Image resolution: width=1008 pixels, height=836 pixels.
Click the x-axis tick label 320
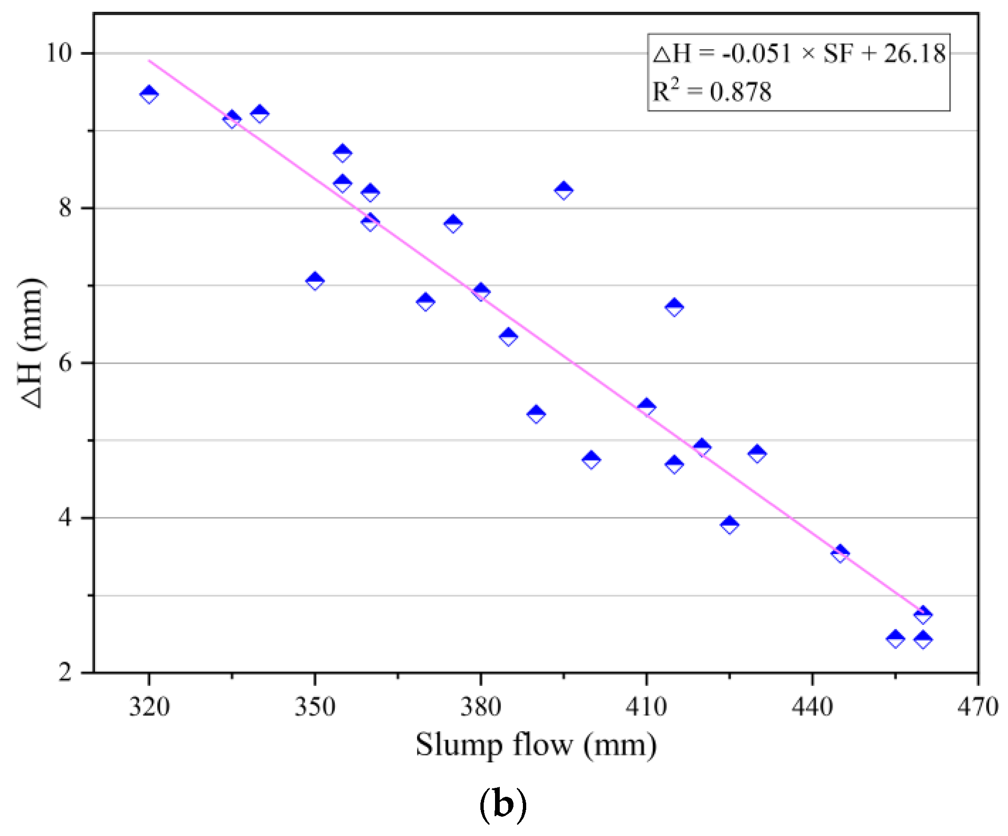pos(149,707)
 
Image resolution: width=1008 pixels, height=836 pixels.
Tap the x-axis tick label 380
pos(480,707)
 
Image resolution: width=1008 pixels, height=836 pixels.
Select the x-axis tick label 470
pos(978,707)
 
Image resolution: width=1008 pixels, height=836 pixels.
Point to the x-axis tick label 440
pos(812,707)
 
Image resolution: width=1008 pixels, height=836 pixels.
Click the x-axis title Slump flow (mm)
pos(536,745)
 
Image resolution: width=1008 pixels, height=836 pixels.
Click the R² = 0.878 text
pos(712,91)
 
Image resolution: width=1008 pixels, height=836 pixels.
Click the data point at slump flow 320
pos(149,94)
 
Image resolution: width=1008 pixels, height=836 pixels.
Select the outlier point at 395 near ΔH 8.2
pos(564,190)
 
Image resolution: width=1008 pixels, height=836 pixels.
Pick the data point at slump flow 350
pos(315,281)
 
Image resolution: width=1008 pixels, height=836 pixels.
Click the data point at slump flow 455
pos(895,639)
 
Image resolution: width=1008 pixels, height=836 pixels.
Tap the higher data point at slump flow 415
pos(675,307)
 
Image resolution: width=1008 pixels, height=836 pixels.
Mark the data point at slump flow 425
pos(730,525)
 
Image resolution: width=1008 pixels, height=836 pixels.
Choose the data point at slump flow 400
pos(591,460)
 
